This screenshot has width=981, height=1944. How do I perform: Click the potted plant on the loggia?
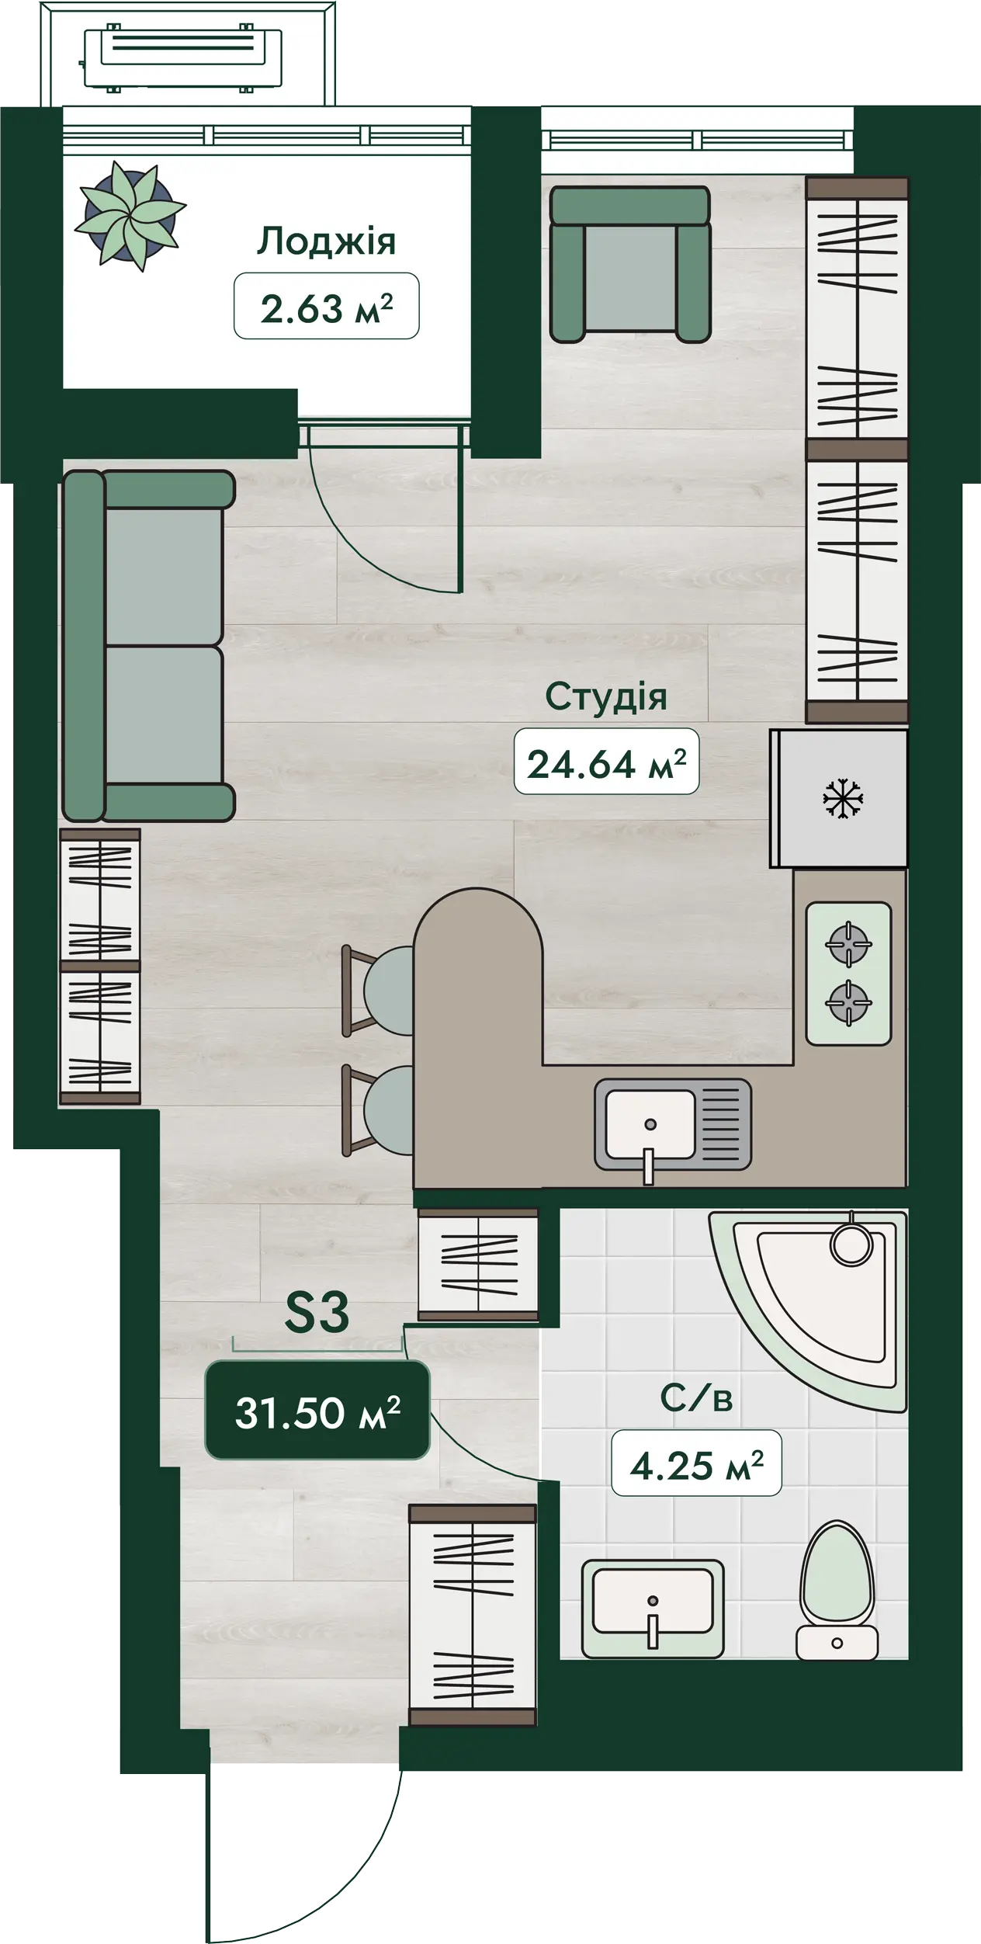coord(130,216)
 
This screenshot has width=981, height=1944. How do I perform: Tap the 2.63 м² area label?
coord(327,306)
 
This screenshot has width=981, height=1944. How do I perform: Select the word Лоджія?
coord(327,241)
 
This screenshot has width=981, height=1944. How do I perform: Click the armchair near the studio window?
coord(630,264)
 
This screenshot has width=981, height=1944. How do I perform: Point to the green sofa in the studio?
coord(148,646)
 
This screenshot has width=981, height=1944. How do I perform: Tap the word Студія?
coord(606,696)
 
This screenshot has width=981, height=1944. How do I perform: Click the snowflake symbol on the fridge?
coord(839,799)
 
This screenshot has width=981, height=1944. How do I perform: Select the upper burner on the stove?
coord(848,944)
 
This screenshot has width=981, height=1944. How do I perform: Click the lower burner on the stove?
coord(848,1002)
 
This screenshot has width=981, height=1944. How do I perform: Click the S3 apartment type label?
coord(317,1312)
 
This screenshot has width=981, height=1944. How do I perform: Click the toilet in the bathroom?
coord(837,1589)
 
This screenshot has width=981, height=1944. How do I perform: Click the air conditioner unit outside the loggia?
coord(183,58)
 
